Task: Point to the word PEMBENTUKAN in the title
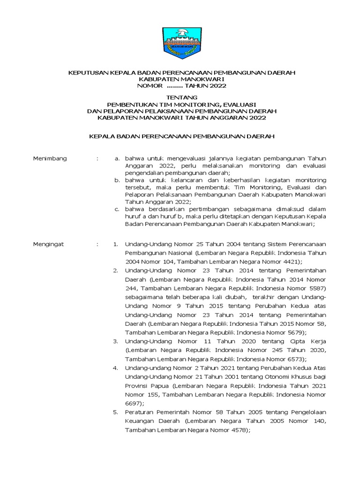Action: (129, 104)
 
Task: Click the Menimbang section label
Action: (50, 158)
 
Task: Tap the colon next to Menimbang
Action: (97, 158)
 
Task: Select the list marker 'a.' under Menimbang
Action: (118, 158)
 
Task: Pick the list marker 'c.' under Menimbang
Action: (118, 209)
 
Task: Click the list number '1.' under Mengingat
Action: (115, 244)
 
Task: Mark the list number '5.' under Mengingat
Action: (115, 412)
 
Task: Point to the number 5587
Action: (309, 288)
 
